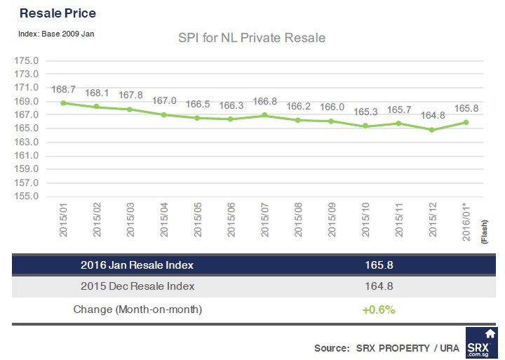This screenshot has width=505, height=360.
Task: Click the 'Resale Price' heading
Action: click(58, 13)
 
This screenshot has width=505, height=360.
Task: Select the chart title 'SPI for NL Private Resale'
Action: click(252, 38)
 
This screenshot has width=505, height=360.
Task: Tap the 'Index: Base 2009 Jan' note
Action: click(56, 34)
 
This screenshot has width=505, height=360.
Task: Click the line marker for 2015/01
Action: click(63, 103)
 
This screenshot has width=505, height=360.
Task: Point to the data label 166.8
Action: click(264, 101)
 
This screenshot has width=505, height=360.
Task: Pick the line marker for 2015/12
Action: click(432, 130)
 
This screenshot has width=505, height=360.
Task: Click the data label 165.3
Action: click(365, 112)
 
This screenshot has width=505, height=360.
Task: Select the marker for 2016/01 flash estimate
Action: click(466, 123)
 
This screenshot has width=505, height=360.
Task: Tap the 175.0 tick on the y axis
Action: click(27, 60)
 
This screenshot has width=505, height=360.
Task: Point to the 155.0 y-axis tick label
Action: click(27, 196)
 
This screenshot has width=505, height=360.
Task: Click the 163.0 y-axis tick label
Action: click(27, 142)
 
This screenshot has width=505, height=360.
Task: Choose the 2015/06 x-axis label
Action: click(231, 220)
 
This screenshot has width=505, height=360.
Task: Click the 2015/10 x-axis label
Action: click(365, 220)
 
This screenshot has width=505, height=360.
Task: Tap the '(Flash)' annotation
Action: click(485, 232)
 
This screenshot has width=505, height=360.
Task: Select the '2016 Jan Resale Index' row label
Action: click(137, 265)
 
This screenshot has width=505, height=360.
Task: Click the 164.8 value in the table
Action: click(379, 286)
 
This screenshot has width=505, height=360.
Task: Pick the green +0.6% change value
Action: click(379, 309)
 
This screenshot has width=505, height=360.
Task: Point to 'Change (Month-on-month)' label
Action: click(138, 309)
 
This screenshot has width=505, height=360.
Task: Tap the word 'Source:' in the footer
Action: click(332, 348)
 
